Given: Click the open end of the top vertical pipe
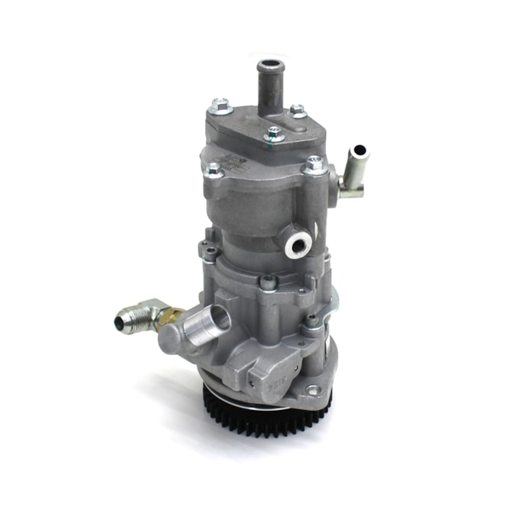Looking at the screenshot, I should point(269,65).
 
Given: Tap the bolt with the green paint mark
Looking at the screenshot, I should point(274,135).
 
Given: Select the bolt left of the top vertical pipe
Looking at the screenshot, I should point(221,104).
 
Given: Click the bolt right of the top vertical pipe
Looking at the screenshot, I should point(298,112).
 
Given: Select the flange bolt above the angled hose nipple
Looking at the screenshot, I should point(313,164).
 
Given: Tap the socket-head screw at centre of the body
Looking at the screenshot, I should point(269,282).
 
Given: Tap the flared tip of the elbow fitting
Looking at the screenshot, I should point(122,322).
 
